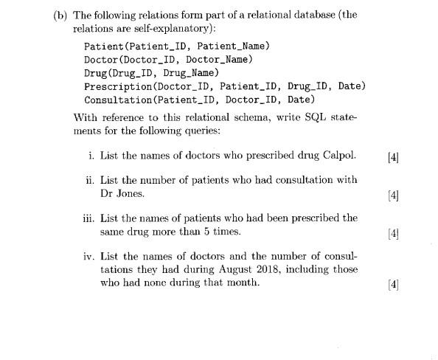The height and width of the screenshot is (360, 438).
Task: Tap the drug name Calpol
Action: [339, 155]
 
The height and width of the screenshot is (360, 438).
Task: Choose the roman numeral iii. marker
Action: [88, 218]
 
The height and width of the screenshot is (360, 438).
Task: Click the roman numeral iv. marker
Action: [88, 256]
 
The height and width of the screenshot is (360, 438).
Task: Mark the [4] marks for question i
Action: [392, 156]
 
